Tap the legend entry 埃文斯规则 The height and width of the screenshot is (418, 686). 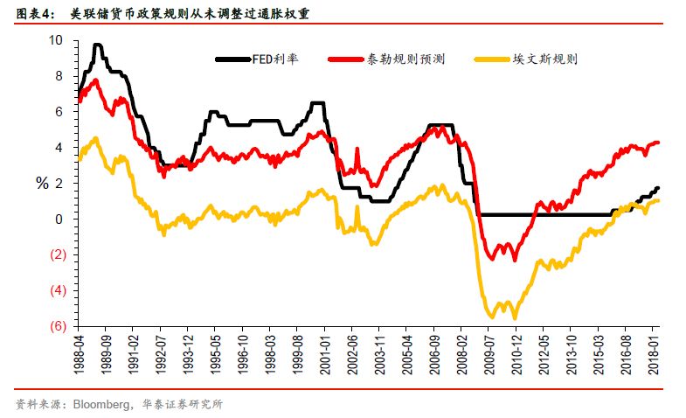(x=547, y=59)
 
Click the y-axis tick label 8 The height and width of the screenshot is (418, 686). (x=59, y=76)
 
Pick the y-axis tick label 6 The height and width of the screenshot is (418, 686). (x=59, y=112)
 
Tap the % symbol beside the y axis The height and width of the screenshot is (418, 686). (x=40, y=183)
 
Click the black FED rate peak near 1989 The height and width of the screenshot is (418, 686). (x=97, y=45)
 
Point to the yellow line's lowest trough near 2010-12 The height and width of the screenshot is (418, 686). (x=515, y=317)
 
